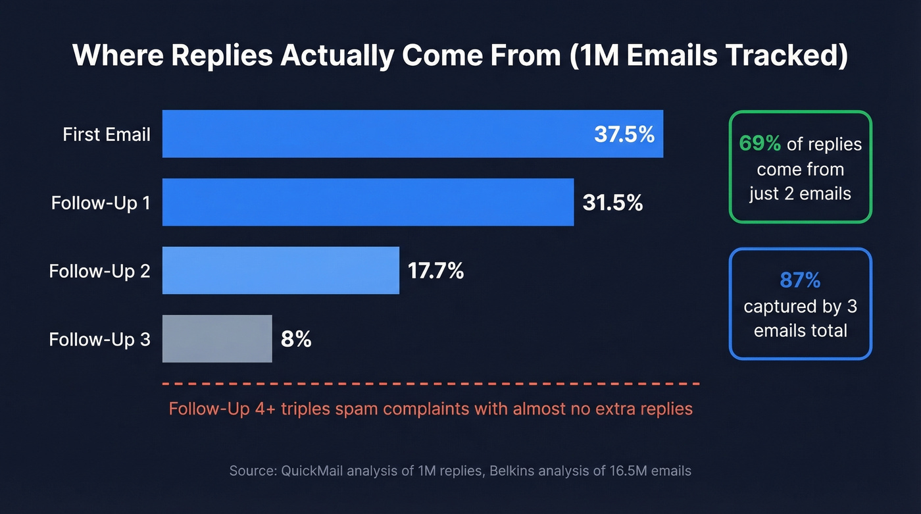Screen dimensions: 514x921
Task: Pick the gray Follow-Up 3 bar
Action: point(217,339)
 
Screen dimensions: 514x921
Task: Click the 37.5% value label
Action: point(624,134)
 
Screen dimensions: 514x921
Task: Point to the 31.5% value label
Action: point(612,203)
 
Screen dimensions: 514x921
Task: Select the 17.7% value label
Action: point(436,270)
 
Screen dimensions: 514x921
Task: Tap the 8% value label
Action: point(296,340)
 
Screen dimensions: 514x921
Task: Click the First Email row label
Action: point(107,135)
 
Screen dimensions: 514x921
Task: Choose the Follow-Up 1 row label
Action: point(101,203)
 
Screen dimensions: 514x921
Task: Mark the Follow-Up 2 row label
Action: point(99,270)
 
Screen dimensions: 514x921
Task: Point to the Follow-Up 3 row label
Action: point(99,340)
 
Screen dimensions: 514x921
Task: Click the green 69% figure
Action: point(760,143)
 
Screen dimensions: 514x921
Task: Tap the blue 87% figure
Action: point(800,280)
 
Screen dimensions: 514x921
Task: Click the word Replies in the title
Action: point(218,56)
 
